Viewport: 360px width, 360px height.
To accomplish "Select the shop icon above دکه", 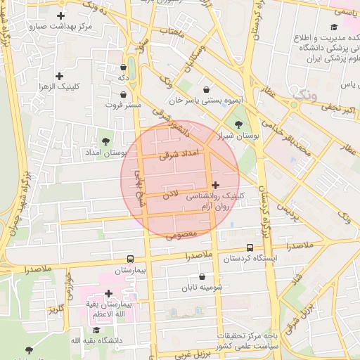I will point(124,67).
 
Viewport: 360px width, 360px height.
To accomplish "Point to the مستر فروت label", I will point(124,105).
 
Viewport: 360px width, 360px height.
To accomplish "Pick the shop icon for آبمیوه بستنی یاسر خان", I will point(205,90).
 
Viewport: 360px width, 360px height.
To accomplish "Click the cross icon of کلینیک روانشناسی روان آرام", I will point(214,186).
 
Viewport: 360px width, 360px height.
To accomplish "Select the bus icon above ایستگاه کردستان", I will point(250,247).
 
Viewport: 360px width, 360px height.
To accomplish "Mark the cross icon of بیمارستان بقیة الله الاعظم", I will point(108,294).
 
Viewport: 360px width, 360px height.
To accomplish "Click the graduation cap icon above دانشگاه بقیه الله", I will point(96,330).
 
